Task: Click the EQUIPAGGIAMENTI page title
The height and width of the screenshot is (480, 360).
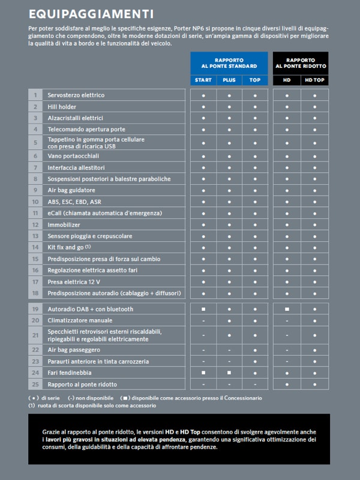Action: [91, 13]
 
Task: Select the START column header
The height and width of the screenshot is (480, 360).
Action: [203, 80]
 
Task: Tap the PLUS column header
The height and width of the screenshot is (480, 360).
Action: [229, 80]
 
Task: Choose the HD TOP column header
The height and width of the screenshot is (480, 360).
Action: [315, 80]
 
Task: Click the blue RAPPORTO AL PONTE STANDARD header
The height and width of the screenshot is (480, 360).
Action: [229, 63]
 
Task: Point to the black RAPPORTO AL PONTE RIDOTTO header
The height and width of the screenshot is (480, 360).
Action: [301, 63]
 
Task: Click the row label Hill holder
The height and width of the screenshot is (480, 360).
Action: [62, 107]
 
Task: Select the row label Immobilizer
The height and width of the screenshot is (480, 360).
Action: [64, 224]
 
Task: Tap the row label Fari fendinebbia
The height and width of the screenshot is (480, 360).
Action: [70, 373]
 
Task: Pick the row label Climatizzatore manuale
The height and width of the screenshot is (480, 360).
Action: [80, 320]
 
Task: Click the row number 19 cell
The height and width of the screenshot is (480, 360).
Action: [35, 309]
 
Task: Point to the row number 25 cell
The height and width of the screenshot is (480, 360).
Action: [35, 384]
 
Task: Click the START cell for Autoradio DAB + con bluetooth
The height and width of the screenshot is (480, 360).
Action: [203, 309]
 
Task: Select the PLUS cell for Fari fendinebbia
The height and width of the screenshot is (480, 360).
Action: [229, 373]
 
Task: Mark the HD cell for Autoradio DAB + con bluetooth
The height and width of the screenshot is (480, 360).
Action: [287, 309]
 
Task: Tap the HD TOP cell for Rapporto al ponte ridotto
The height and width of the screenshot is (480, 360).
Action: [315, 384]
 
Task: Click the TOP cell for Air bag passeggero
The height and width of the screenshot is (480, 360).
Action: [255, 350]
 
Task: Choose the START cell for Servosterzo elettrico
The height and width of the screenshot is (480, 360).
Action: [203, 95]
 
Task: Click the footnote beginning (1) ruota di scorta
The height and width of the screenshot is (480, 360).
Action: [92, 406]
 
